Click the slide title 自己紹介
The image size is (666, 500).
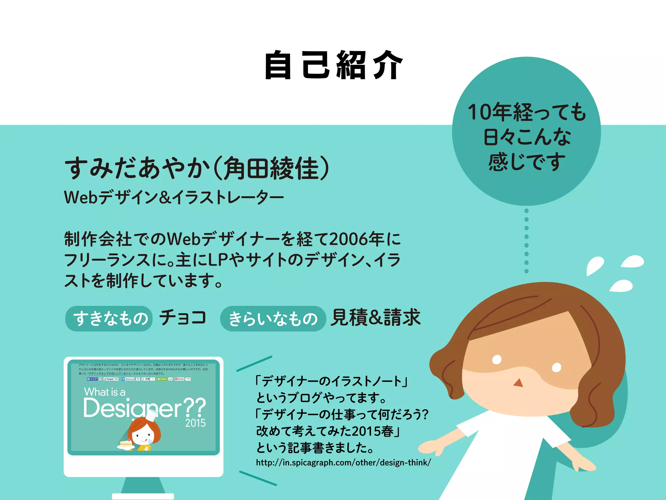(334, 65)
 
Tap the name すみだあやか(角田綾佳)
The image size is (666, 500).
(197, 168)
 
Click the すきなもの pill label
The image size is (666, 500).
(109, 318)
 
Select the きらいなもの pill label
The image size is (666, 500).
(273, 319)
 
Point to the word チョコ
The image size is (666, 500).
(183, 317)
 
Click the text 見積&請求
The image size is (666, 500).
(376, 317)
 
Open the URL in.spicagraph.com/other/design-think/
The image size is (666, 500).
(343, 463)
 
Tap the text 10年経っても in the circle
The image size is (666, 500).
(526, 112)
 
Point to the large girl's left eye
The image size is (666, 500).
(497, 359)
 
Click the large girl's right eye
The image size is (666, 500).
(556, 367)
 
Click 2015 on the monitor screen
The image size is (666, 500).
(195, 423)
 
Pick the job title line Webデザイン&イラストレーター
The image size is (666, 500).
(174, 197)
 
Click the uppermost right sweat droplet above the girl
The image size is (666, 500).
(633, 261)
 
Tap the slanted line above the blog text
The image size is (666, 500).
(254, 364)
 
